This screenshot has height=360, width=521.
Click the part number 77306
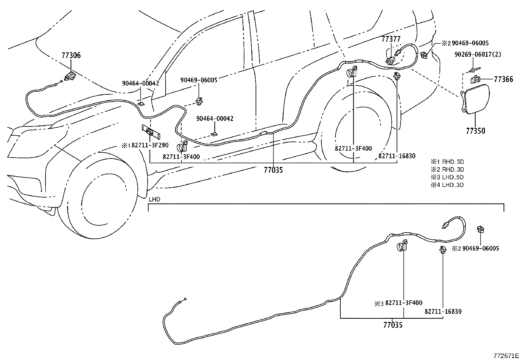pos(71,55)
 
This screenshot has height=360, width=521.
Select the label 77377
pos(391,39)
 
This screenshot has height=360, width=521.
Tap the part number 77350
pos(476,131)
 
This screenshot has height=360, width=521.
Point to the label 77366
pos(503,79)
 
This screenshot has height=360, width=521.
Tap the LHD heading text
pos(154,199)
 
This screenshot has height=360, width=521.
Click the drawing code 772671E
pos(506,355)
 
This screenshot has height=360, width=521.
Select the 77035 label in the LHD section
pos(393,325)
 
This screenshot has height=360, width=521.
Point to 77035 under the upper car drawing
pos(273,170)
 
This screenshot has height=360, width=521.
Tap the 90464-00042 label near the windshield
pos(140,83)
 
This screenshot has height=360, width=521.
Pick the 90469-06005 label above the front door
pos(199,80)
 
